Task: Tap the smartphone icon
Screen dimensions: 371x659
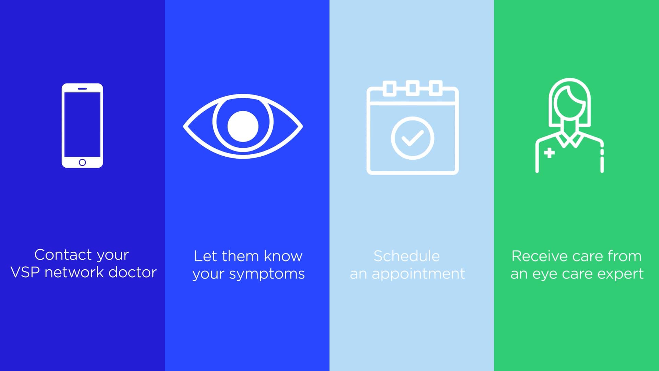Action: tap(82, 125)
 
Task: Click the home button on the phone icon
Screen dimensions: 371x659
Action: tap(82, 162)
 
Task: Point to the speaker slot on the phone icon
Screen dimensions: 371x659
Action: tap(82, 89)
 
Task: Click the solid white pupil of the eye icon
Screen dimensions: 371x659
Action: tap(243, 126)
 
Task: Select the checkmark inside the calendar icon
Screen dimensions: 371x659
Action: tap(412, 138)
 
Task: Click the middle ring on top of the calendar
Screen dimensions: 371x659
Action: tap(413, 88)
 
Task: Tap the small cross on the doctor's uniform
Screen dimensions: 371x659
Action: tap(550, 153)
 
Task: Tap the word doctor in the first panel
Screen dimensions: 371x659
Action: tap(132, 272)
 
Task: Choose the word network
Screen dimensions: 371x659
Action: tap(74, 272)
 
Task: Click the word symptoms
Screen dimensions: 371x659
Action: tap(267, 274)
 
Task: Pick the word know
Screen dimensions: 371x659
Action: tap(283, 256)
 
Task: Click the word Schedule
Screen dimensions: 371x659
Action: tap(406, 256)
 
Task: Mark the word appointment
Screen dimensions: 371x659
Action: tap(418, 274)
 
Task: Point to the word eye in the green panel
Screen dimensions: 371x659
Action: tap(547, 274)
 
